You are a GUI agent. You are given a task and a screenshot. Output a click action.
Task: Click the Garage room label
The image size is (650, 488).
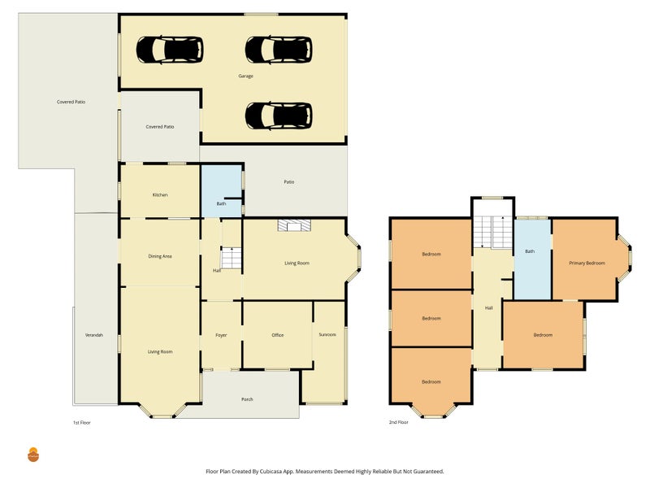(x=245, y=76)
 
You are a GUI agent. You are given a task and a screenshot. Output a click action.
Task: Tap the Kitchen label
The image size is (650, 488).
(x=160, y=194)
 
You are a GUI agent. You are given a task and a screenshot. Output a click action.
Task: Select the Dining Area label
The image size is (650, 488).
(x=160, y=256)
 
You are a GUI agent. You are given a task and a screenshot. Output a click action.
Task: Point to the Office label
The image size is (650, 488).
(x=278, y=335)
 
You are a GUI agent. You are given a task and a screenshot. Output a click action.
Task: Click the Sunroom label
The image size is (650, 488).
(x=327, y=334)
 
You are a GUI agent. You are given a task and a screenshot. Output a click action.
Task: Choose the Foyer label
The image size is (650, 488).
(x=221, y=335)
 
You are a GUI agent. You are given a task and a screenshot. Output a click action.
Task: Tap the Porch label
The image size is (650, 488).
(x=247, y=399)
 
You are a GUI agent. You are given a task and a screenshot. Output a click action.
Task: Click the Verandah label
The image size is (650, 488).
(x=93, y=335)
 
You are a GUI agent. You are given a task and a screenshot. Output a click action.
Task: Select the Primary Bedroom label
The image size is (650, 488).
(x=587, y=263)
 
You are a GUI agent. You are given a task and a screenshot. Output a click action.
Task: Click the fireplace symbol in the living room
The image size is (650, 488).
(x=294, y=225)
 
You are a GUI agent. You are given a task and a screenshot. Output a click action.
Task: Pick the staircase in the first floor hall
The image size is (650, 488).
(x=231, y=258)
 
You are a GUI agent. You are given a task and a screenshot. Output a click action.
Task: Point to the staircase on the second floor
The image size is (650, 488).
(x=492, y=232)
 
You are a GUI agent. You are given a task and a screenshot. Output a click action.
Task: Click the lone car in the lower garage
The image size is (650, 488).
(x=279, y=115)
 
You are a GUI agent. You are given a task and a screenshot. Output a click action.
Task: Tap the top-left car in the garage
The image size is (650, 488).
(x=170, y=50)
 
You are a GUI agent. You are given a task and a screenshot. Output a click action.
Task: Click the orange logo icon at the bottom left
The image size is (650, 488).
(x=33, y=455)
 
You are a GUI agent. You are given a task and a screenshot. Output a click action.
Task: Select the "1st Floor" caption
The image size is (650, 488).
(x=82, y=422)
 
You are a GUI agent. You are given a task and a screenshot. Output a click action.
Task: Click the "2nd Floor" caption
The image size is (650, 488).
(x=398, y=422)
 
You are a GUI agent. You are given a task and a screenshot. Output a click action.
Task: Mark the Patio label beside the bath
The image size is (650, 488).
(x=289, y=181)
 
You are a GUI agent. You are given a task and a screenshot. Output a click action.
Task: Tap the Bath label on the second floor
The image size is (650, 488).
(x=530, y=251)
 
